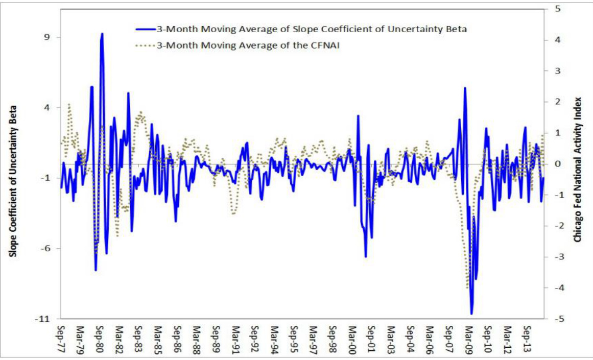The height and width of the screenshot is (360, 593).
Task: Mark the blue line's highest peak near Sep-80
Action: [102, 34]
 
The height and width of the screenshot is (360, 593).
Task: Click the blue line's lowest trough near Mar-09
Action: [471, 314]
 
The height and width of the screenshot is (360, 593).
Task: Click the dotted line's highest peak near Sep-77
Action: [69, 104]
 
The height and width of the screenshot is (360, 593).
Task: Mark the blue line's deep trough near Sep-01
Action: [366, 256]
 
